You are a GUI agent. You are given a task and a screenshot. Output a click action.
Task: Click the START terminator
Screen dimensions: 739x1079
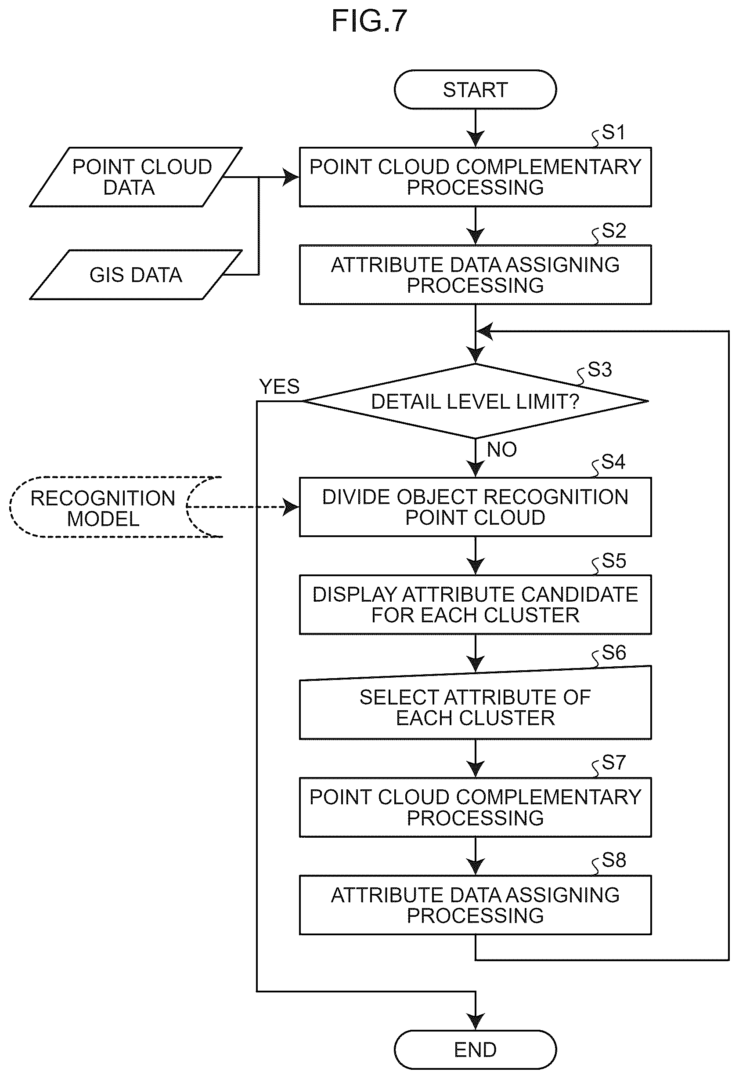tap(475, 90)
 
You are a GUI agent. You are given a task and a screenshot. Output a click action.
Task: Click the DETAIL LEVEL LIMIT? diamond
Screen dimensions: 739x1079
tap(475, 401)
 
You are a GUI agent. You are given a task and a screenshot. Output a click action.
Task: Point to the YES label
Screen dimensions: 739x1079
tap(279, 386)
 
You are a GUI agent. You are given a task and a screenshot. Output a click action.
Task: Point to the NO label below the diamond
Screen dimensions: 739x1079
tap(501, 450)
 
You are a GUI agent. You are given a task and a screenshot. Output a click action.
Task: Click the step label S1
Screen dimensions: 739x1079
tap(613, 132)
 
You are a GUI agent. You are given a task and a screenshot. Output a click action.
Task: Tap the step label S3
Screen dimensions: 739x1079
tap(600, 370)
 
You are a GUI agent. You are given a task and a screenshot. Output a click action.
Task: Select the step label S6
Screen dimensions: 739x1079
tap(614, 653)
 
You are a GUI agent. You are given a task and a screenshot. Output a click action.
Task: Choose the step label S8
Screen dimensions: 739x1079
tap(614, 860)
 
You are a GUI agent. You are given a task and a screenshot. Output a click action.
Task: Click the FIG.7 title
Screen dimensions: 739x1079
tap(369, 21)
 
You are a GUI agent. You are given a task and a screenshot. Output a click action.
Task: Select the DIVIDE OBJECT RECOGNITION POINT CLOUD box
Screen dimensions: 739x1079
tap(475, 507)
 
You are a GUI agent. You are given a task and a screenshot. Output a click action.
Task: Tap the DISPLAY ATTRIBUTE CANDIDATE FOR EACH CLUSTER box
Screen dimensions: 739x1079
tap(475, 604)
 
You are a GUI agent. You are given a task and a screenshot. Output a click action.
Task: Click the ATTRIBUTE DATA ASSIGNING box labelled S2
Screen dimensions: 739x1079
tap(475, 274)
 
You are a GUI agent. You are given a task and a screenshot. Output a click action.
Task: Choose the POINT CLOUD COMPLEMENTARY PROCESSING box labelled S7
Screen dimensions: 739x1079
tap(475, 807)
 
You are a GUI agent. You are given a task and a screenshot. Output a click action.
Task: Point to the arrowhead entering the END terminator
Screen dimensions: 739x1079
tap(476, 1021)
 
